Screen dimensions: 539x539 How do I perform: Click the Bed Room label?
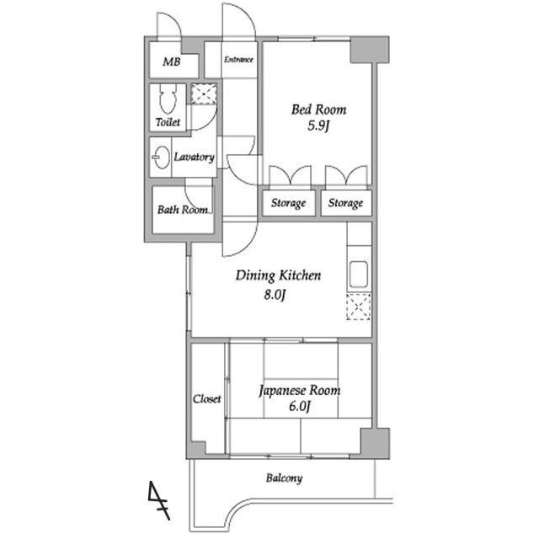318,109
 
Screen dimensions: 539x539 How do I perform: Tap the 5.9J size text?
318,125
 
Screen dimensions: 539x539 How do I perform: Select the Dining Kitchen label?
278,275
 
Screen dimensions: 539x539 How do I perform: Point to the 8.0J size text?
275,295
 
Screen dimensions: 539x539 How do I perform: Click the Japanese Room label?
300,391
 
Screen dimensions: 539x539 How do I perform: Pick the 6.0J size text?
300,406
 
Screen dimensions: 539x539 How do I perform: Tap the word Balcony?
285,478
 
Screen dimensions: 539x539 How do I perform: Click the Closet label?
206,398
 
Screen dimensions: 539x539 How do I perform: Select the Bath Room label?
183,210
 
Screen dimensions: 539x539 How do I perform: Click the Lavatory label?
195,157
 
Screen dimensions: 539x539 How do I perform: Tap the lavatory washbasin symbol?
161,157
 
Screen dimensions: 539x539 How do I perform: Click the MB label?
172,61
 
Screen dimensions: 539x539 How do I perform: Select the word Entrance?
238,60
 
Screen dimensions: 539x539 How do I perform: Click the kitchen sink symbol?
359,275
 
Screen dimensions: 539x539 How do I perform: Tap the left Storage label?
288,203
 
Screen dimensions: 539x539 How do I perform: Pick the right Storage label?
345,203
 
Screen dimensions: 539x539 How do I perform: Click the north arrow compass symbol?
159,500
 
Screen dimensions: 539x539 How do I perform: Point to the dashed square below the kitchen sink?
359,307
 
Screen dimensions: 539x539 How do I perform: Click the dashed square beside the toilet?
204,93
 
